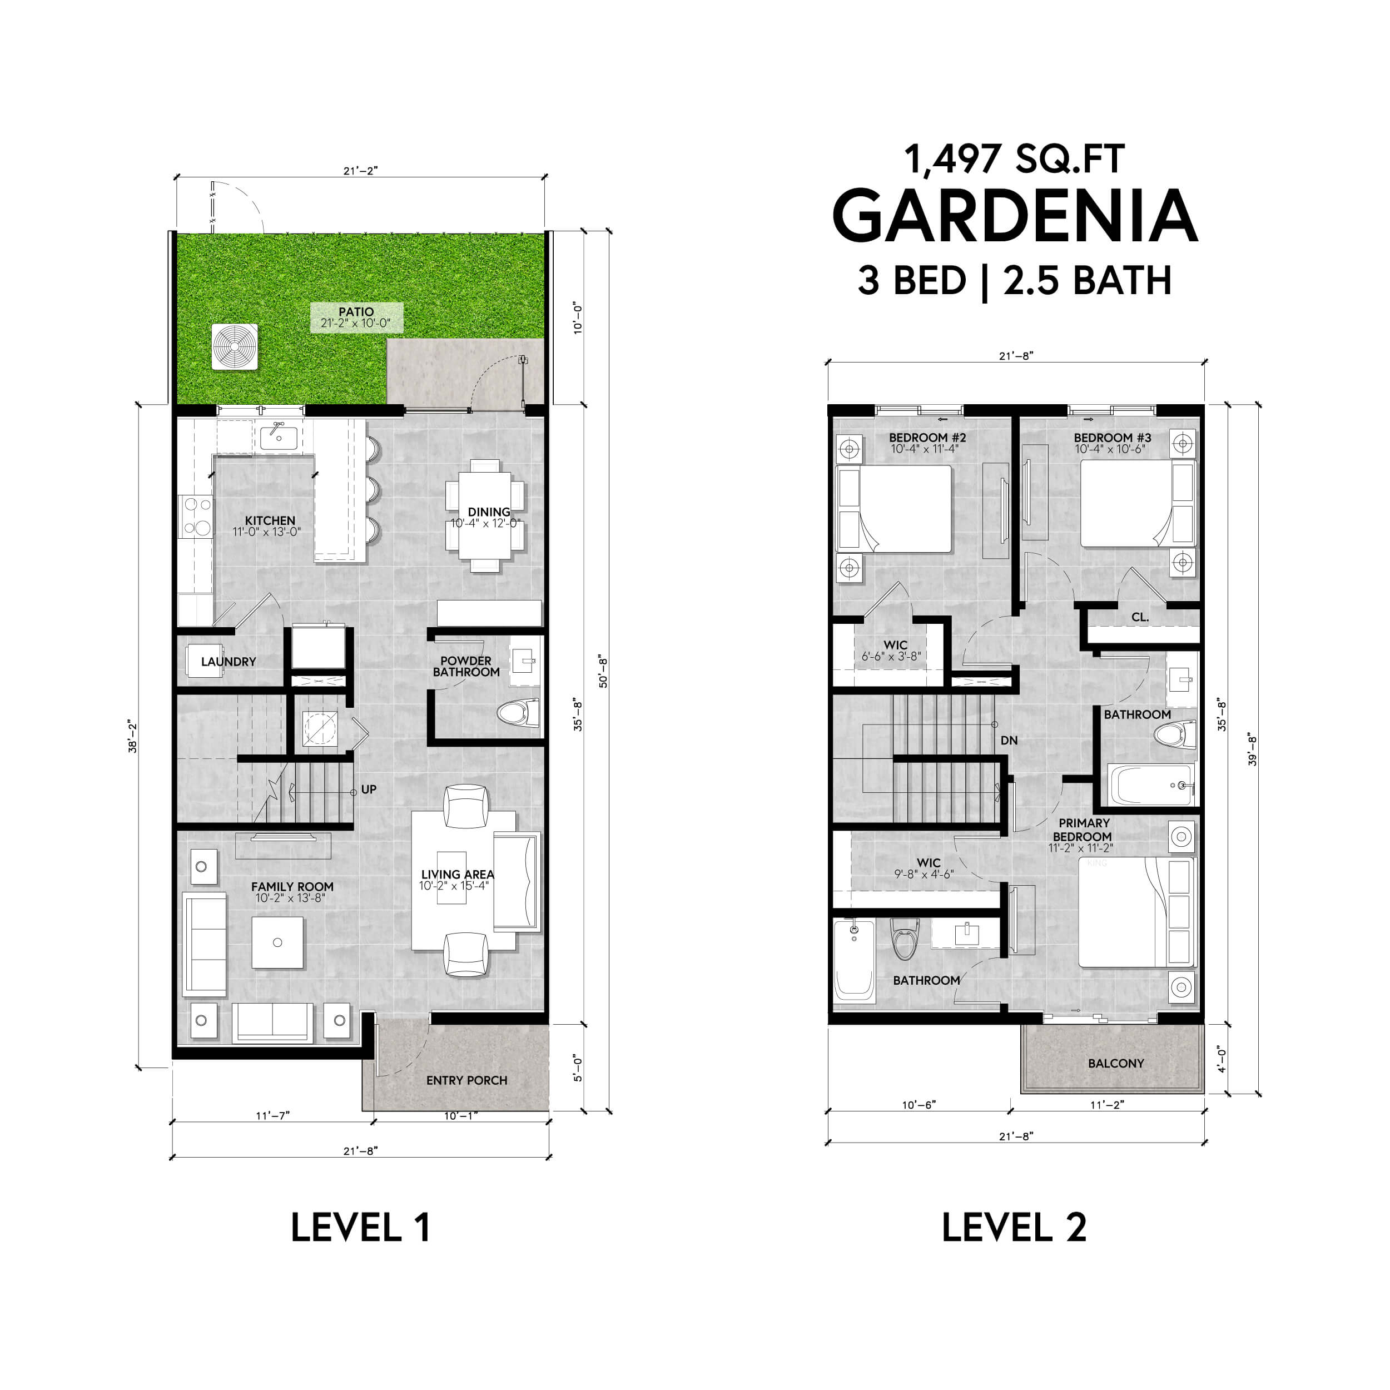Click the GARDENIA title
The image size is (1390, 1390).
tap(1015, 216)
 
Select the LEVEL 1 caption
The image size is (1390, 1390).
tap(360, 1228)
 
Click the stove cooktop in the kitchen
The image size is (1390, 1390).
tap(196, 517)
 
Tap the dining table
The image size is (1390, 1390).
tap(485, 516)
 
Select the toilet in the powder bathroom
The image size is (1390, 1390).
tap(518, 713)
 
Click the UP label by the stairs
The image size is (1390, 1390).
tap(369, 790)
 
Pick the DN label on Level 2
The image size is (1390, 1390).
tap(1009, 741)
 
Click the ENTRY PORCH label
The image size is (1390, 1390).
tap(466, 1081)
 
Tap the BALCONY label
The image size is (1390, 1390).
tap(1116, 1064)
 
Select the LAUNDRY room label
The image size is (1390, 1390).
tap(228, 662)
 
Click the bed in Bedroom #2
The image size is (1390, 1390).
tap(894, 509)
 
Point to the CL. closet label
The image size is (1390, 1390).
tap(1140, 617)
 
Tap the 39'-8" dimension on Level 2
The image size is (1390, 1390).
tap(1253, 749)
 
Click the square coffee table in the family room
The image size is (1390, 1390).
tap(277, 942)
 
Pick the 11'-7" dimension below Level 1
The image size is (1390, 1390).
tap(272, 1116)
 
